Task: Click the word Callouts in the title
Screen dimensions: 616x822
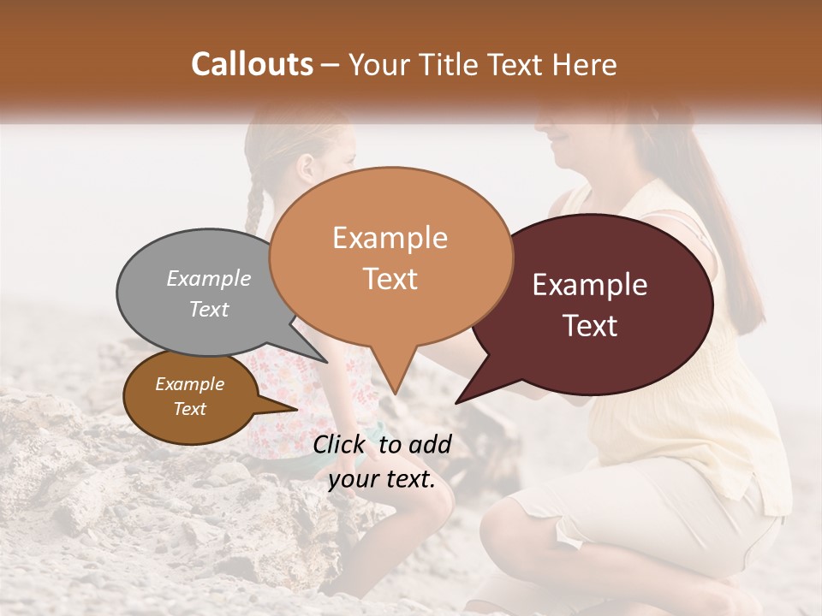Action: [x=252, y=64]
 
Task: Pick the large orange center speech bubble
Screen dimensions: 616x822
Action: [x=390, y=257]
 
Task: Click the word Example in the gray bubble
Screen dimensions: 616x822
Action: [x=209, y=279]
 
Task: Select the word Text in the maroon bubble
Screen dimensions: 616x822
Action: [x=591, y=326]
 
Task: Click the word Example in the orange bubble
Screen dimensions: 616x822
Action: [x=390, y=237]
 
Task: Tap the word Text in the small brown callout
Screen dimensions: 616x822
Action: [x=190, y=409]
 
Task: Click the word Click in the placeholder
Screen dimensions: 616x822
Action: [x=342, y=444]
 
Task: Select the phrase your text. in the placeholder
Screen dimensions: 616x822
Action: [x=382, y=479]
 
